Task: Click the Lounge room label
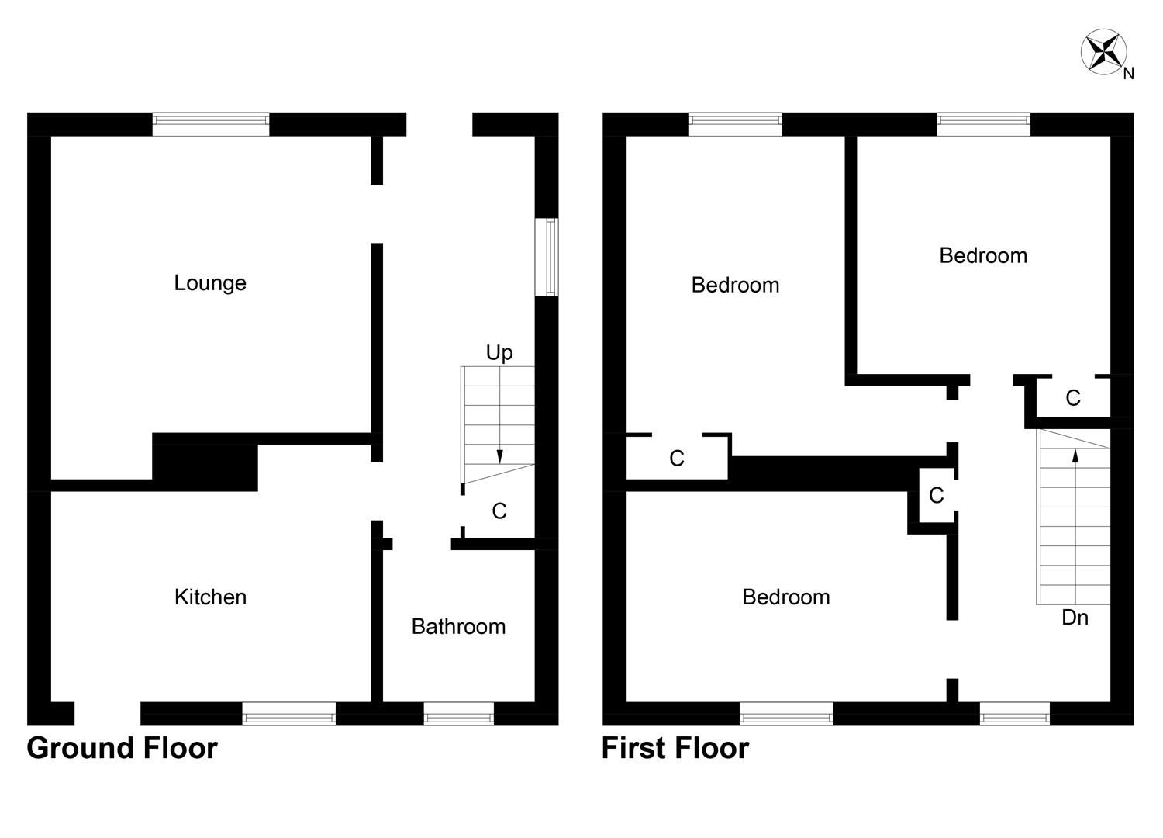tap(209, 283)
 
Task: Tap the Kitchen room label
tap(210, 597)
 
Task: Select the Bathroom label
tap(458, 626)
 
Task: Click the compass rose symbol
tap(1103, 52)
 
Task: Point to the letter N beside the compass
tap(1129, 74)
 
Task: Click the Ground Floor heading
tap(122, 749)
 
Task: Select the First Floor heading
tap(675, 749)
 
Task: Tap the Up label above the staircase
tap(499, 353)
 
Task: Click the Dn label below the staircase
tap(1075, 618)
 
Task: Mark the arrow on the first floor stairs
tap(1075, 457)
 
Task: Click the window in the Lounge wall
tap(210, 124)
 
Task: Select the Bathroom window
tap(458, 714)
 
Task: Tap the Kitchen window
tap(288, 714)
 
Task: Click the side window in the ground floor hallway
tap(550, 257)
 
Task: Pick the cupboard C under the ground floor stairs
tap(499, 511)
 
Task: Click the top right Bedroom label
tap(982, 255)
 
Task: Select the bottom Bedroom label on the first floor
tap(785, 597)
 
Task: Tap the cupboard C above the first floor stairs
tap(1072, 399)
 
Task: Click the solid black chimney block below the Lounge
tap(205, 463)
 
